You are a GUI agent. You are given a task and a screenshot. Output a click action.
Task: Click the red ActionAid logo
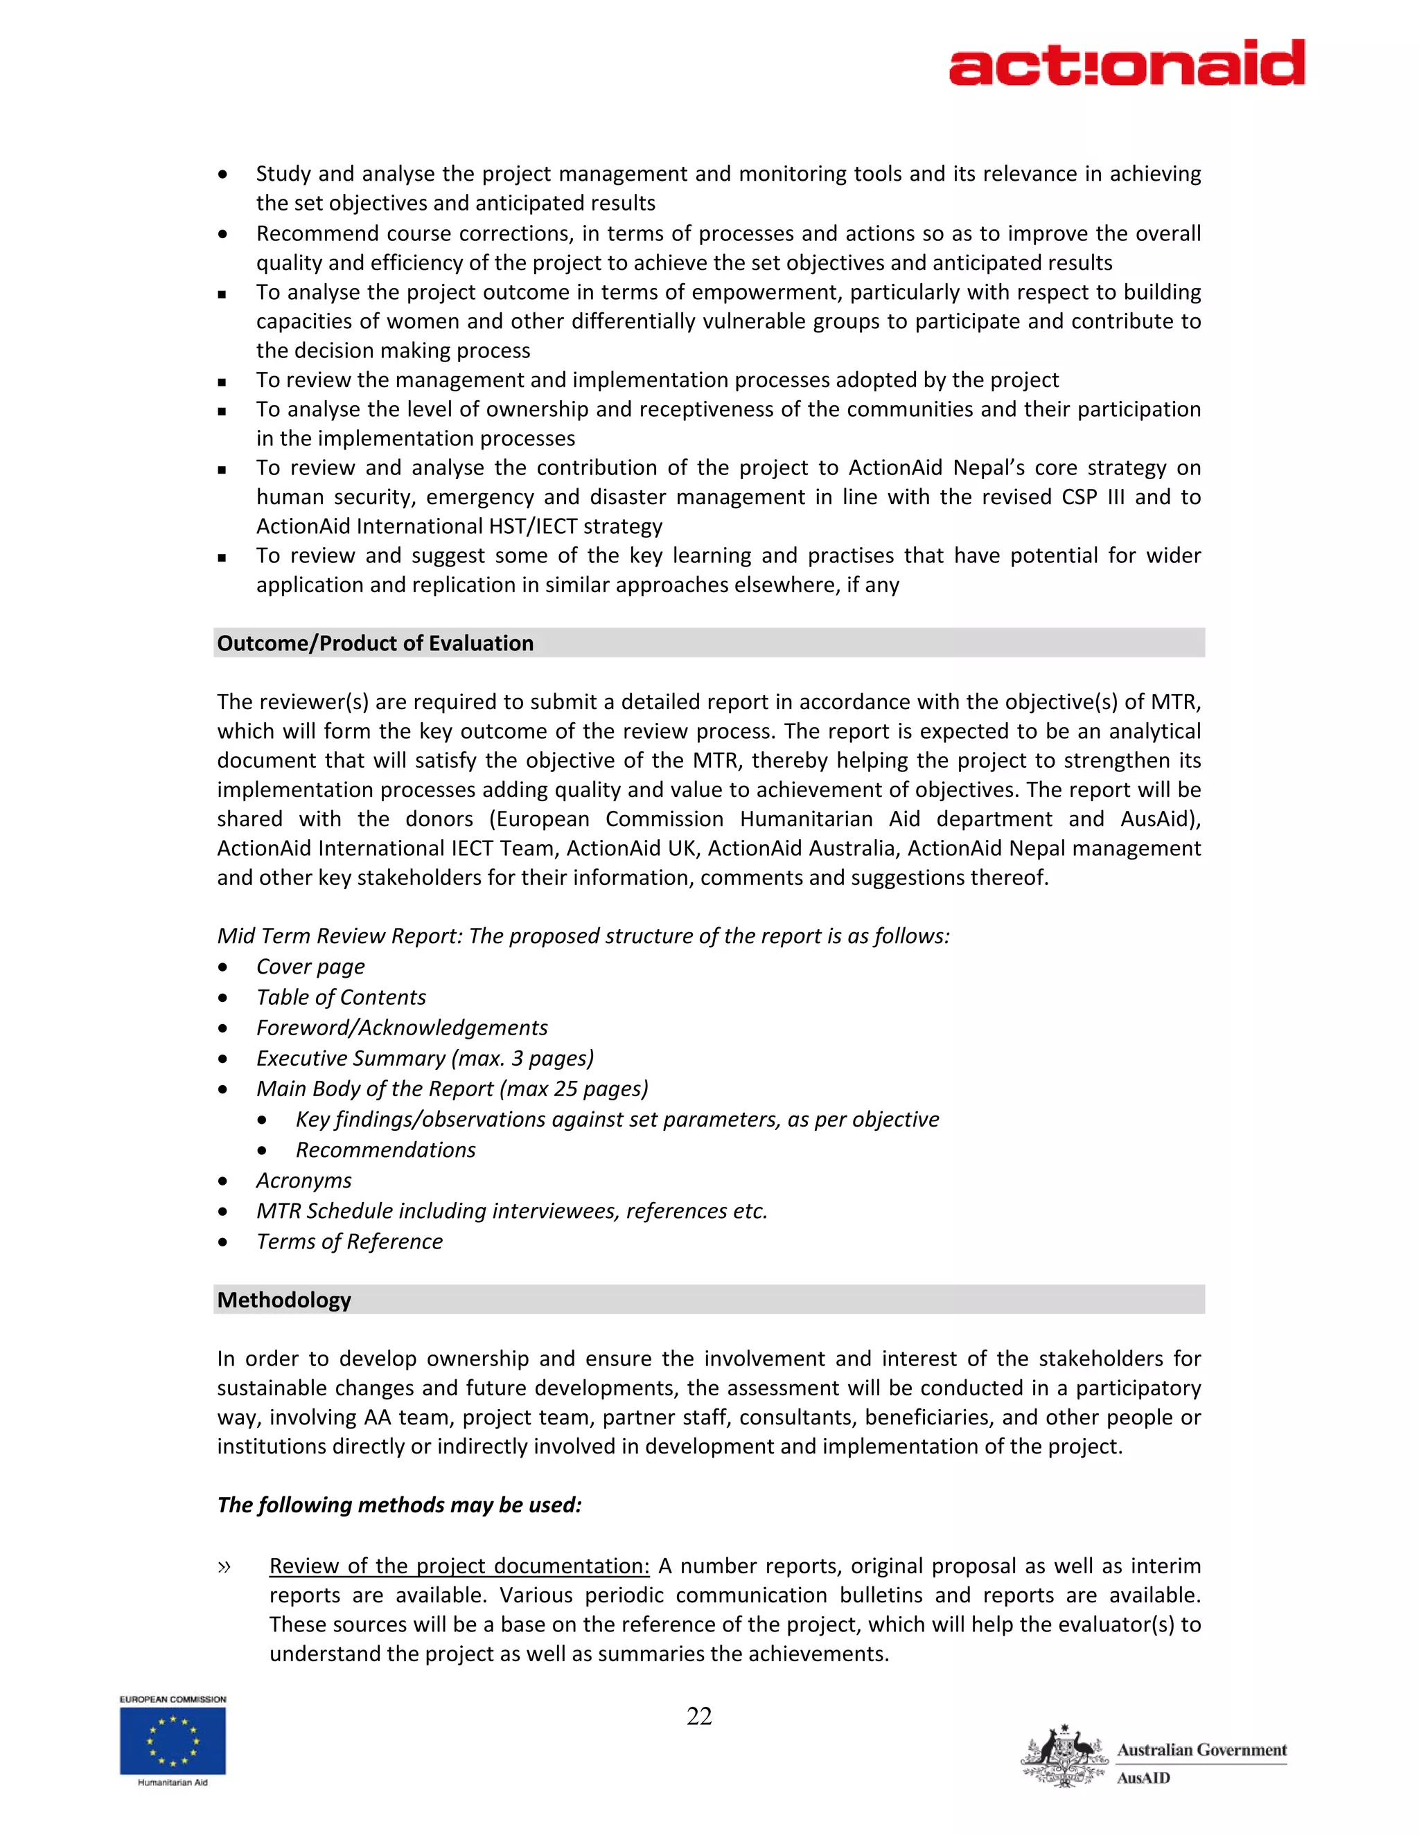(1127, 63)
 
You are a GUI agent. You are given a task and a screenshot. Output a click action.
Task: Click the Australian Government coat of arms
(1064, 1757)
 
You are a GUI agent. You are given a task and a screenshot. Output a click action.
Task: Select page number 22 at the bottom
(699, 1717)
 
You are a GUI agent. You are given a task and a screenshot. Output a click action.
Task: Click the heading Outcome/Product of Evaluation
(375, 643)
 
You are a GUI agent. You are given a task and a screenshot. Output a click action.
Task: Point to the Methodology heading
(284, 1300)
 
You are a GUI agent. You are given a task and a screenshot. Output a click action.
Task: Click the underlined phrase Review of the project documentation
(459, 1566)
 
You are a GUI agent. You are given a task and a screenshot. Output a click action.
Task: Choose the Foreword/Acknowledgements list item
(402, 1028)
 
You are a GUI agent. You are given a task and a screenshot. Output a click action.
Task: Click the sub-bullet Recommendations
(385, 1149)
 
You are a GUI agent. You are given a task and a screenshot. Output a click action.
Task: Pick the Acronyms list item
(303, 1181)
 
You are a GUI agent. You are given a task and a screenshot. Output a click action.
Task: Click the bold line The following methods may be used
(399, 1505)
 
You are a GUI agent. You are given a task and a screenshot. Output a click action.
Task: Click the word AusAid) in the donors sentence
(1160, 818)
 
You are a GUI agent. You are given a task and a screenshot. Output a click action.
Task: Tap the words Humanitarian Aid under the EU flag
(173, 1783)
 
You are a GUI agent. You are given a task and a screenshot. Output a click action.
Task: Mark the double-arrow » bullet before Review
(224, 1566)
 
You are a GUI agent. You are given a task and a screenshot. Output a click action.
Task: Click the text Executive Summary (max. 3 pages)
(425, 1058)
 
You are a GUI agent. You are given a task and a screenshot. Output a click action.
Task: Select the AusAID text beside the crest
(1143, 1779)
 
